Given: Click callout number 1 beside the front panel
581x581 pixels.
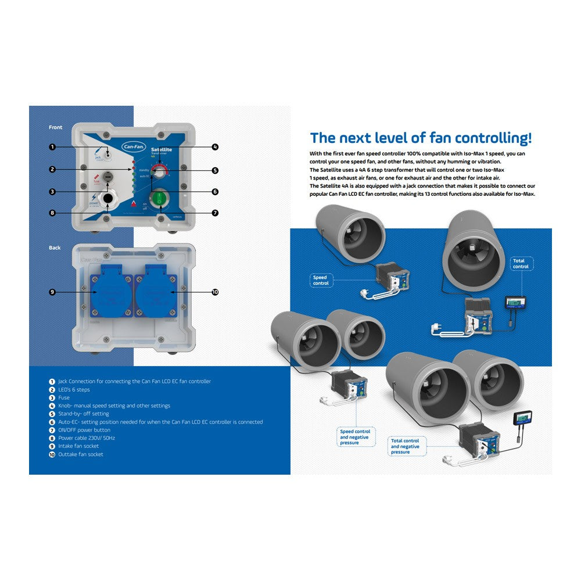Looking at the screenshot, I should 52,147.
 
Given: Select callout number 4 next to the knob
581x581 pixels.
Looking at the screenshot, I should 215,147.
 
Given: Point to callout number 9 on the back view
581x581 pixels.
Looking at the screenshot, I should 52,292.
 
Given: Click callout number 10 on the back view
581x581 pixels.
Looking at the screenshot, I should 215,292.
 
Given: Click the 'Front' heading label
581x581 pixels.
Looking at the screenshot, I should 56,127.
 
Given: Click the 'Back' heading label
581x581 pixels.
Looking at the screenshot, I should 55,248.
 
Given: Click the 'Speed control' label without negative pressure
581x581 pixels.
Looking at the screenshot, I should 321,281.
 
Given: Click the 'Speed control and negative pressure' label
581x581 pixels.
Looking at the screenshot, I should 355,437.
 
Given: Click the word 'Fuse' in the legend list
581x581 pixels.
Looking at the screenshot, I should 64,398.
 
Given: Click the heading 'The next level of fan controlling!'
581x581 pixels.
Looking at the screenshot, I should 421,138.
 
